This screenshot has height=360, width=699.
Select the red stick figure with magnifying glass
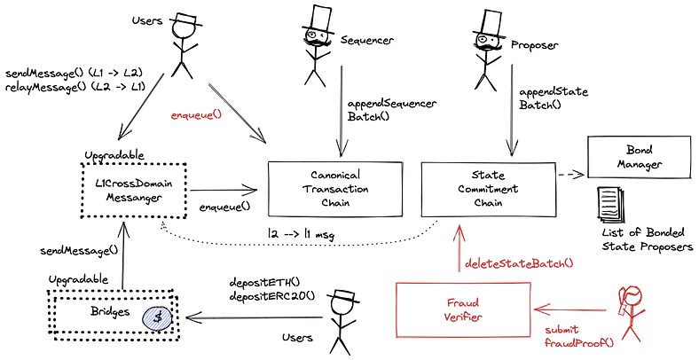pos(630,310)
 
